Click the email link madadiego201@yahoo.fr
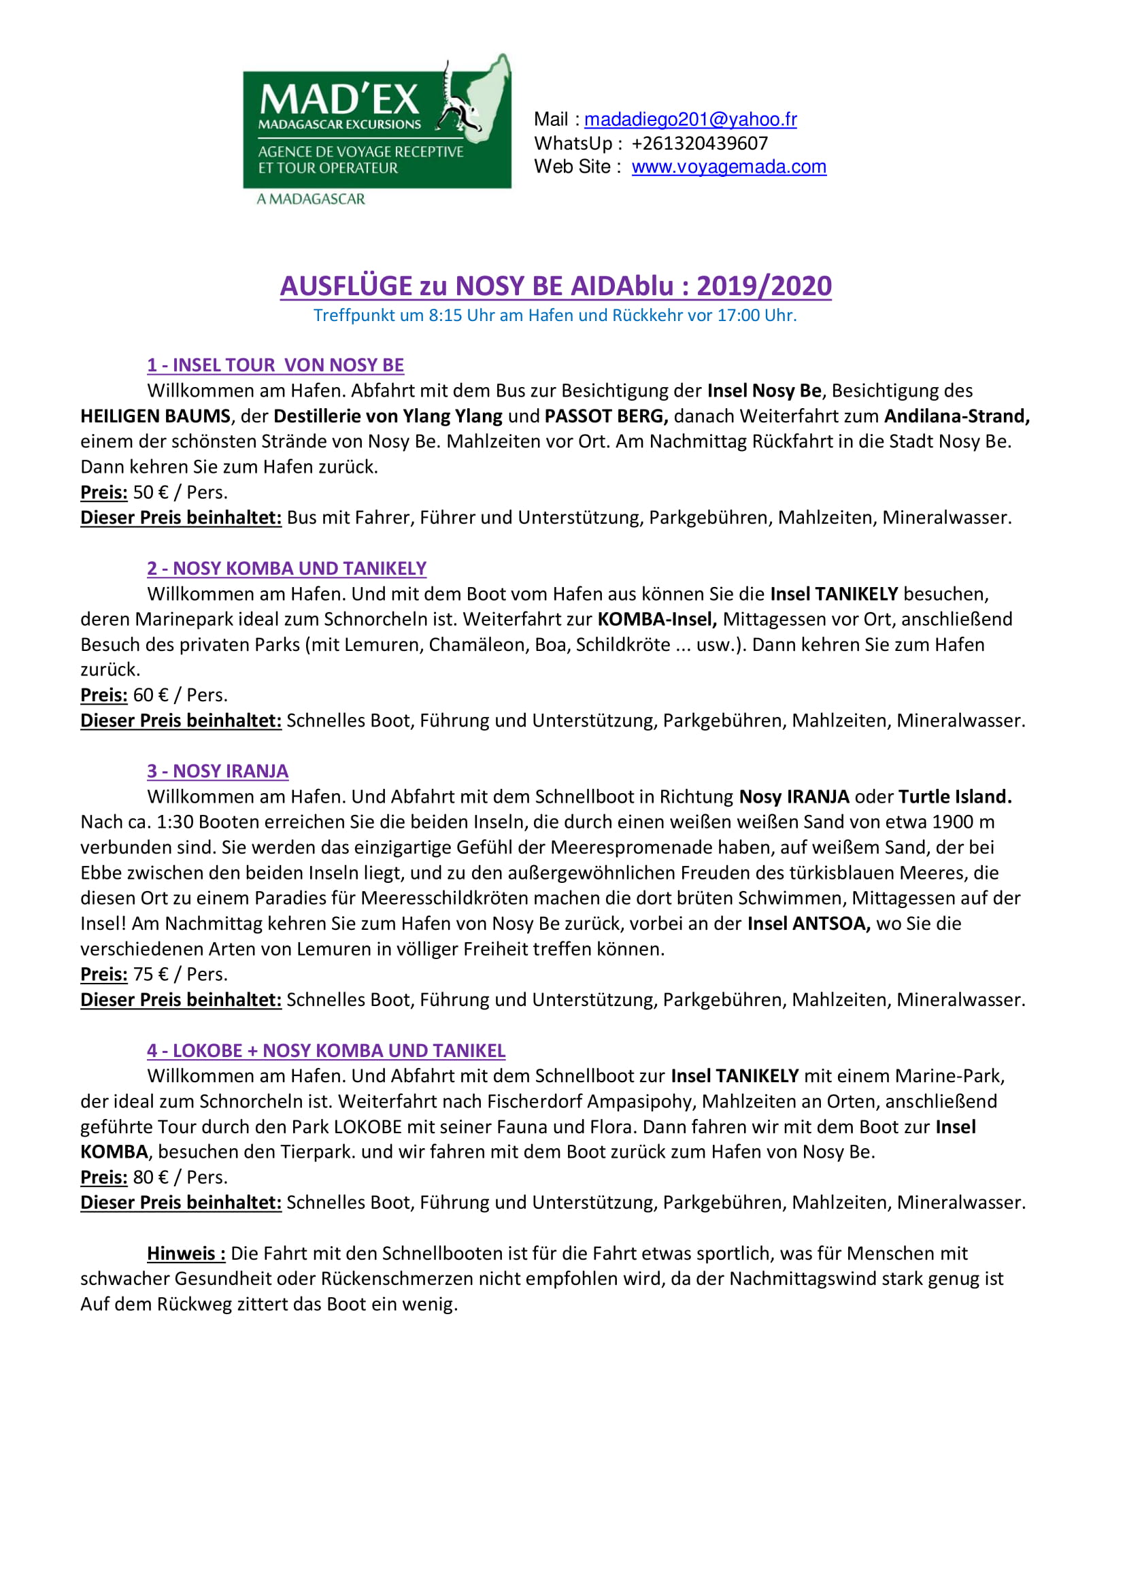pyautogui.click(x=690, y=120)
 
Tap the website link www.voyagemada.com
pyautogui.click(x=728, y=167)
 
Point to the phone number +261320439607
pyautogui.click(x=700, y=144)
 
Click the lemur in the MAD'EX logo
pyautogui.click(x=458, y=104)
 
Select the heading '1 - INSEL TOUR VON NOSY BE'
pyautogui.click(x=275, y=365)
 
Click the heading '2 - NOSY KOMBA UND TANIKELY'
pyautogui.click(x=286, y=568)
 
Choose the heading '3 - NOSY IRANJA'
pyautogui.click(x=218, y=771)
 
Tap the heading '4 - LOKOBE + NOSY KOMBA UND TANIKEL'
pyautogui.click(x=326, y=1050)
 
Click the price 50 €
pyautogui.click(x=150, y=492)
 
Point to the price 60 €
pyautogui.click(x=150, y=695)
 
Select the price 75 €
pyautogui.click(x=150, y=974)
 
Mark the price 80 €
pyautogui.click(x=150, y=1177)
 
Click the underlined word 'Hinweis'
pyautogui.click(x=185, y=1254)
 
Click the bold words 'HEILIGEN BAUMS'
pyautogui.click(x=155, y=416)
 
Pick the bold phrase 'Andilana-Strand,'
pyautogui.click(x=957, y=416)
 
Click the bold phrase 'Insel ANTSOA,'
pyautogui.click(x=809, y=924)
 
